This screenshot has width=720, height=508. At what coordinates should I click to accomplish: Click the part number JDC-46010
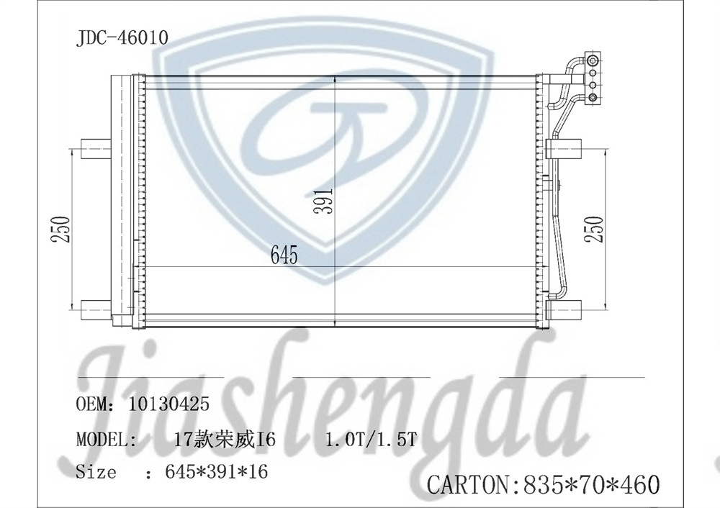click(x=122, y=37)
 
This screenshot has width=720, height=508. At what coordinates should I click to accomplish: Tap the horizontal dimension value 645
click(x=284, y=255)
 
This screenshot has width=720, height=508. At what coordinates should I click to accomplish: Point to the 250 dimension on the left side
click(x=63, y=229)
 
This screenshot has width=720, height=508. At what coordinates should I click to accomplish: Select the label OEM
click(x=91, y=404)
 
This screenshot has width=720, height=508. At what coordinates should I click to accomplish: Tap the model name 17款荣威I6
click(x=225, y=439)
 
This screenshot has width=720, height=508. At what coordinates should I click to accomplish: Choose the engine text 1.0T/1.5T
click(x=371, y=439)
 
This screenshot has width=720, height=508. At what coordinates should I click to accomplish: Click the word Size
click(x=96, y=473)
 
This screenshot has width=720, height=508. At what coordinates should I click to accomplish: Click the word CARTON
click(x=469, y=484)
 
